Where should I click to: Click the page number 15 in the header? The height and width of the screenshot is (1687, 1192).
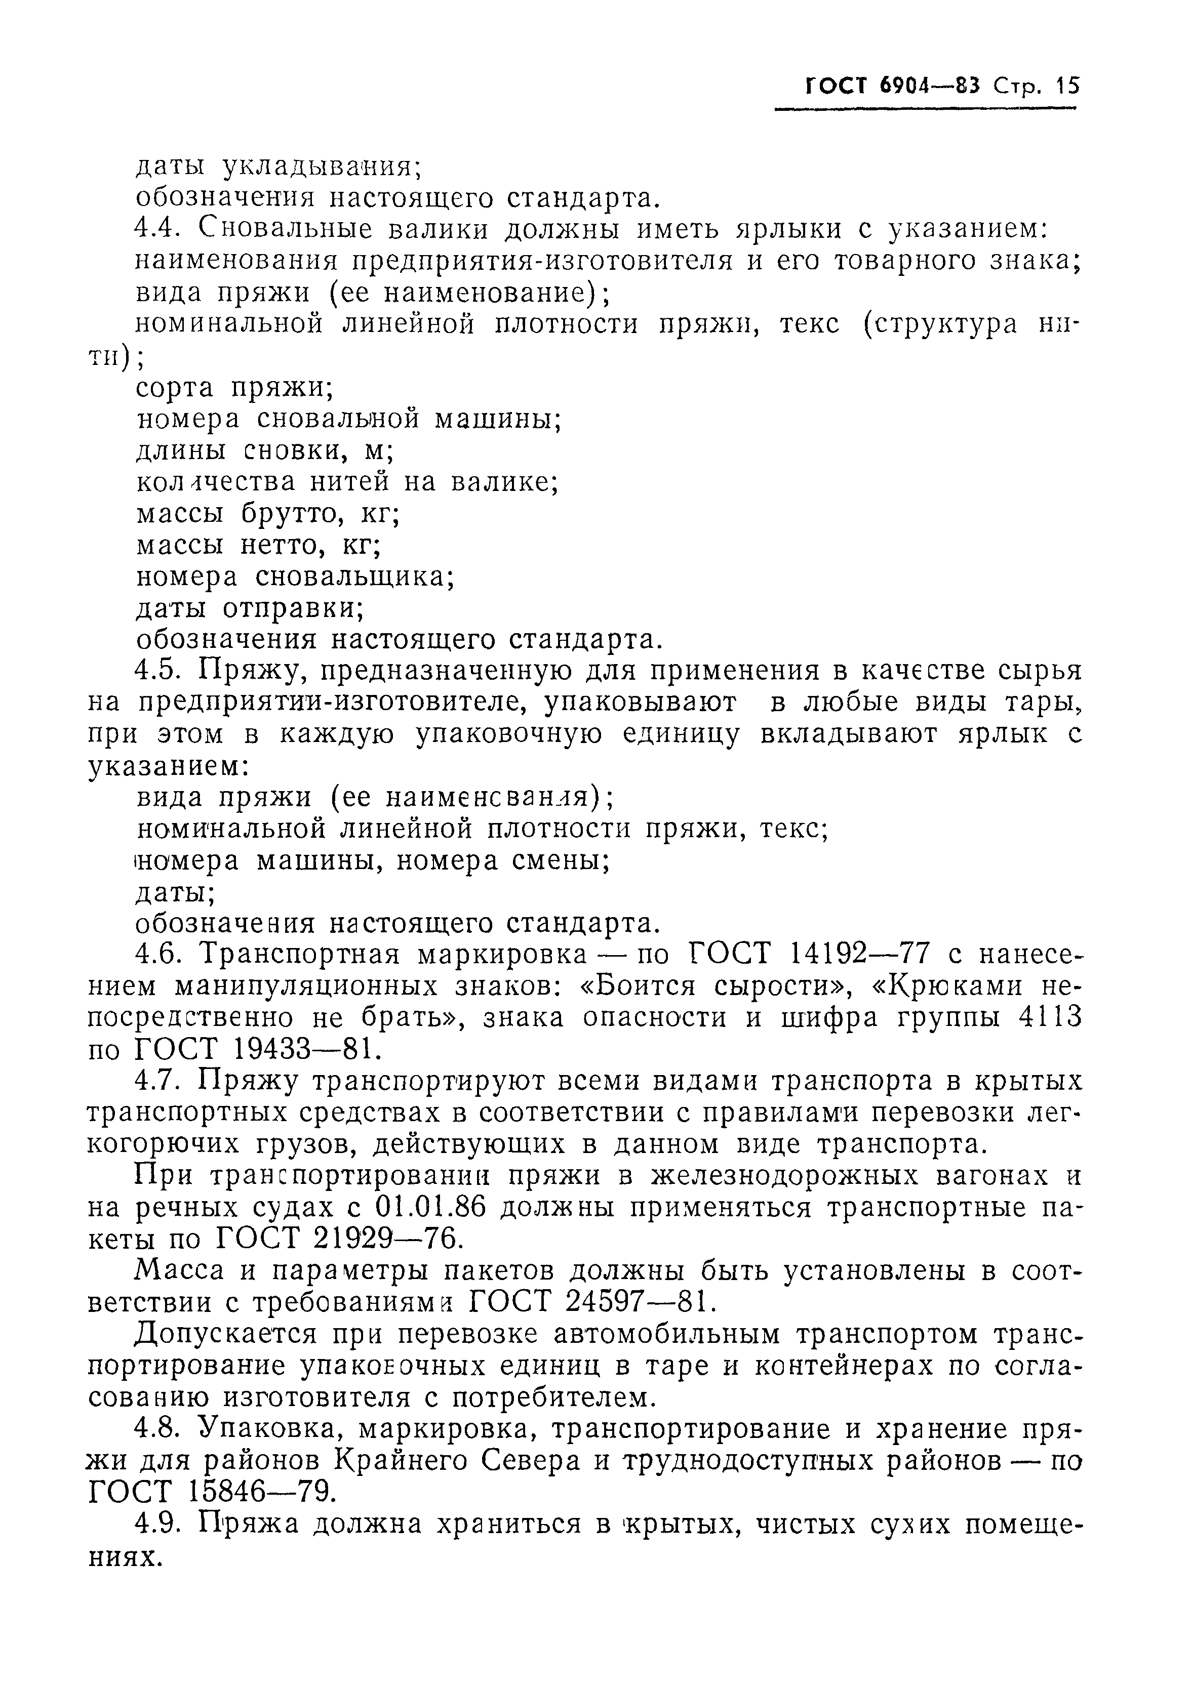1065,86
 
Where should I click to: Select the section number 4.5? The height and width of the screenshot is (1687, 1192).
158,670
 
